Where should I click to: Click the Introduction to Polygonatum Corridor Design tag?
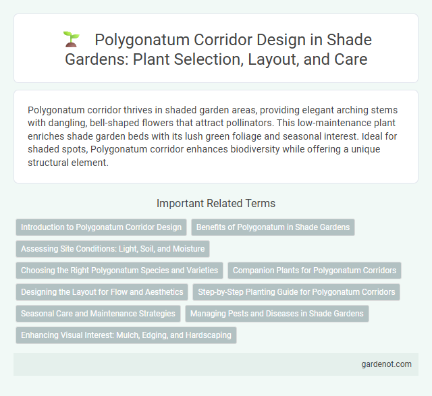point(101,227)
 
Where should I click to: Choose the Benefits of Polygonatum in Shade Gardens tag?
point(273,227)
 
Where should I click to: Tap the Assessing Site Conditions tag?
point(113,249)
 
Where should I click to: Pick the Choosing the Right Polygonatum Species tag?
point(119,271)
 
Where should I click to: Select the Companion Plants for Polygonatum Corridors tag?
point(315,271)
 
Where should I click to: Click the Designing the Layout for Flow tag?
point(102,292)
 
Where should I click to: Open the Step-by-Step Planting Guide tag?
point(296,292)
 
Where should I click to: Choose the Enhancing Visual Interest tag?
point(126,335)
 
